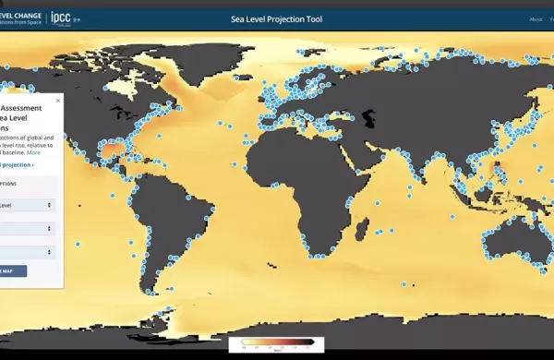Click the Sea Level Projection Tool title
coord(276,18)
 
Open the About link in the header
coord(536,18)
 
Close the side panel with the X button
coord(58,101)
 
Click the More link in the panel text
coord(33,152)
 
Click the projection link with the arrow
coord(17,164)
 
